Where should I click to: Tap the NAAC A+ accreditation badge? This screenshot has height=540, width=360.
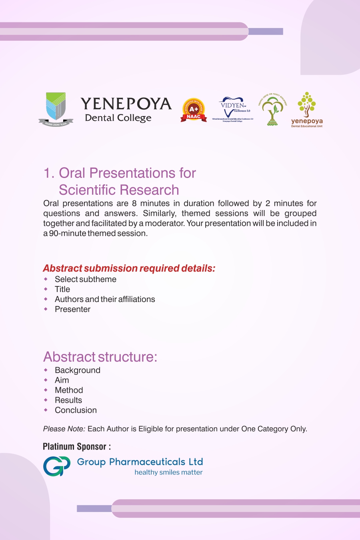(194, 110)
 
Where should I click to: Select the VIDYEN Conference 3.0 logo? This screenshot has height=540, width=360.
(233, 109)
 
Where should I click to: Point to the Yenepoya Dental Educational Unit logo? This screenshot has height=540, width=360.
(307, 110)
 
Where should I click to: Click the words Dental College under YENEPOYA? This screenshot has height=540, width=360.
(118, 118)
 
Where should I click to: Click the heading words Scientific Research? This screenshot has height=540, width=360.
(119, 190)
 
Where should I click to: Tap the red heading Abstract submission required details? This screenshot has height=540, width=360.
(129, 268)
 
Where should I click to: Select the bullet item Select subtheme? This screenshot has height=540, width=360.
(86, 279)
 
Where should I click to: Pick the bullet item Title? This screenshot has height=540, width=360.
(62, 289)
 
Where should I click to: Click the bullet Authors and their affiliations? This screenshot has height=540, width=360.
(105, 299)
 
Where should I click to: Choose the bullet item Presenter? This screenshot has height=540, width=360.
(72, 309)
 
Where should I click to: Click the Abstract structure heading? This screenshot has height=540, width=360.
(100, 357)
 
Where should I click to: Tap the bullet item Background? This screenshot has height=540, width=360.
(78, 370)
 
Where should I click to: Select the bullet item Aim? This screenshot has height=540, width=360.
(62, 380)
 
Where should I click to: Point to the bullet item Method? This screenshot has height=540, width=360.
(69, 390)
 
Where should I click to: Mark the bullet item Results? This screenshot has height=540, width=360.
(68, 400)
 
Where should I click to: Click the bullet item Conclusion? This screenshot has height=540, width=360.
(76, 410)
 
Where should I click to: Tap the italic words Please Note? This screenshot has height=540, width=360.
(64, 429)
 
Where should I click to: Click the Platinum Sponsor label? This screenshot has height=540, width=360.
(76, 446)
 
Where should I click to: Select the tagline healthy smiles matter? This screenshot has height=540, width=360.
(168, 472)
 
